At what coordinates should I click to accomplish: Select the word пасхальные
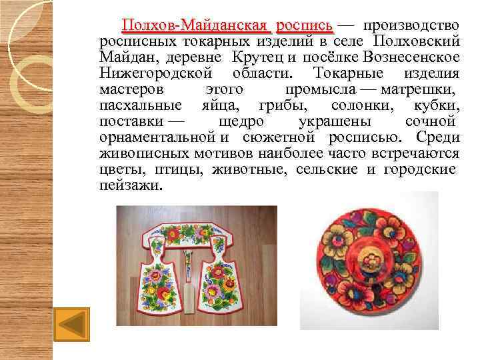139,106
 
